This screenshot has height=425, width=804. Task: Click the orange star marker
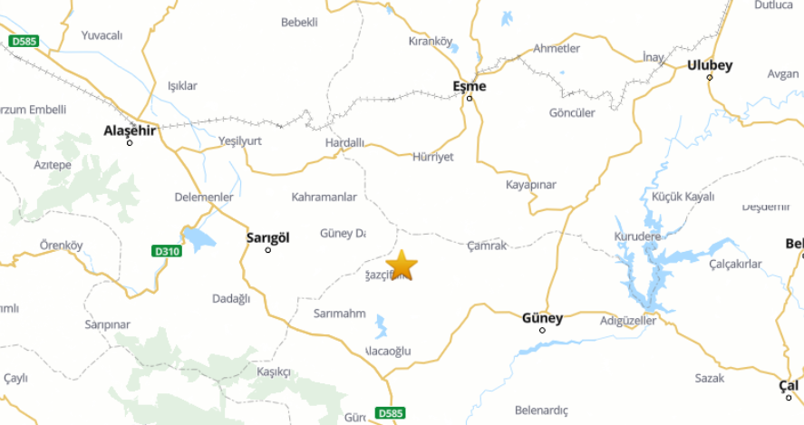click(402, 266)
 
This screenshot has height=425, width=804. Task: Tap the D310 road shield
click(167, 250)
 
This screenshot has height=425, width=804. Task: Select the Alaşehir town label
click(130, 130)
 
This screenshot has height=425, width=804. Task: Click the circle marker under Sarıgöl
click(267, 250)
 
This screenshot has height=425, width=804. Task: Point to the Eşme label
click(469, 86)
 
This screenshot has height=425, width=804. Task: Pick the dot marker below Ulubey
click(710, 77)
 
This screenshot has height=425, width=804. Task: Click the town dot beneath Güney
click(542, 330)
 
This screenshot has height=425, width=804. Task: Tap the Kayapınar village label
click(530, 185)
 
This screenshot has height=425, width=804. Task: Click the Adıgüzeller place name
click(627, 321)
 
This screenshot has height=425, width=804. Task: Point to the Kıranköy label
click(430, 41)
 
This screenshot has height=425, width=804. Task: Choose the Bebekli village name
click(300, 22)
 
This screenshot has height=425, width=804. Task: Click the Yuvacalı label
click(102, 35)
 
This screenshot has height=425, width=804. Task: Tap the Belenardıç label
click(540, 410)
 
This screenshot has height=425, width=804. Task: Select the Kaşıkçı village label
click(273, 372)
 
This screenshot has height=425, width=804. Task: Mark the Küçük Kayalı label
click(683, 197)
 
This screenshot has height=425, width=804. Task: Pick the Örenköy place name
click(61, 245)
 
